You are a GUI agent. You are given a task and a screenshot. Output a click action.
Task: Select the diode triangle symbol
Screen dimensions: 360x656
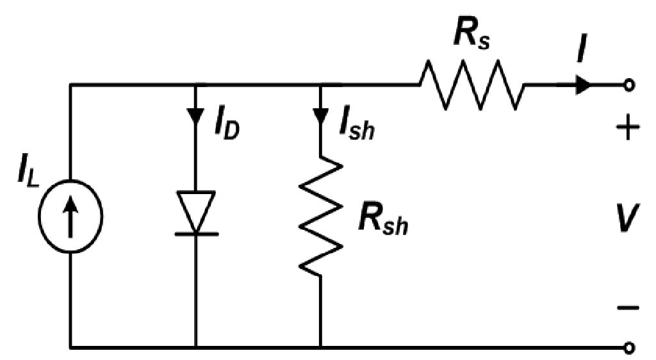click(x=196, y=211)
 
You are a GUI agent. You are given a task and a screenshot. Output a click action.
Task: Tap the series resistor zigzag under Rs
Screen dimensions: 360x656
click(x=471, y=85)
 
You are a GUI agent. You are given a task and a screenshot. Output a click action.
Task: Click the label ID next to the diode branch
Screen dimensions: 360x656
click(x=226, y=128)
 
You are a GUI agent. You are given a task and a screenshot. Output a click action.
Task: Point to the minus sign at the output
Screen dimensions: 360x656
click(x=627, y=309)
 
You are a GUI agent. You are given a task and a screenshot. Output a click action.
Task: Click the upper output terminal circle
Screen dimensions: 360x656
click(x=629, y=85)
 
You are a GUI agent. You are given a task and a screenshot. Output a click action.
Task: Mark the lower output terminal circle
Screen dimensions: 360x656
click(x=629, y=348)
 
